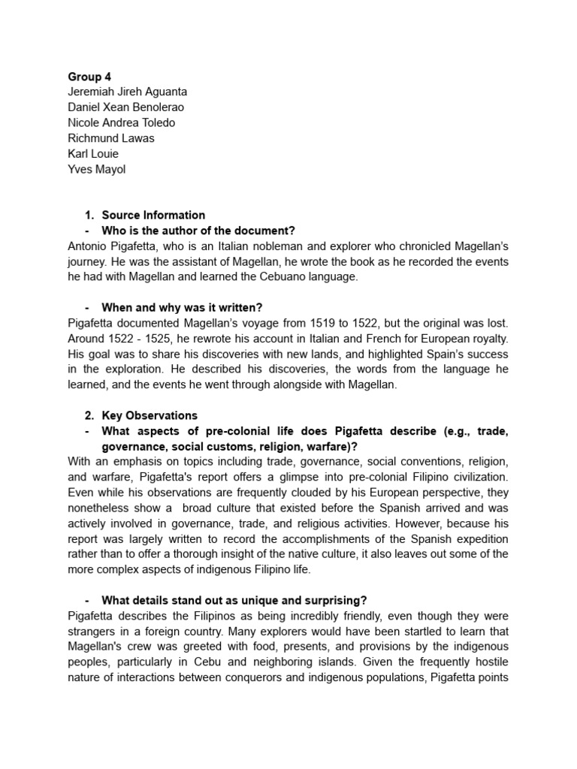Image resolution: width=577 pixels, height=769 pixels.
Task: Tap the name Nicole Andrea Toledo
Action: click(122, 122)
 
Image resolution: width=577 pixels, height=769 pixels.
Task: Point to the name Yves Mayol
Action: click(97, 169)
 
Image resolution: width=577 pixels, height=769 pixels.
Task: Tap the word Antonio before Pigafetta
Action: click(88, 246)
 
